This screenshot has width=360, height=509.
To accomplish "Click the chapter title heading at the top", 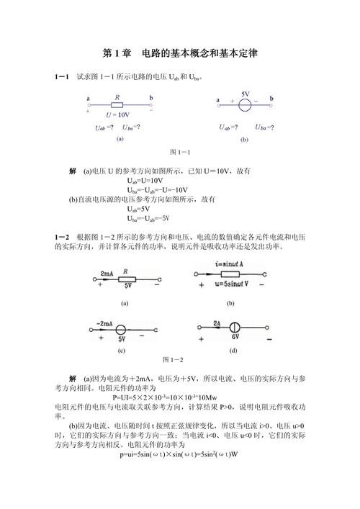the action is pos(180,53).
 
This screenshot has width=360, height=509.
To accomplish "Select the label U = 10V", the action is pos(117,114).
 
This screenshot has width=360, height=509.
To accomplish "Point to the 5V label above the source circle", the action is pos(246,94).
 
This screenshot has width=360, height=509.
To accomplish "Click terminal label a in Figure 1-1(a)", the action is pos(88,98).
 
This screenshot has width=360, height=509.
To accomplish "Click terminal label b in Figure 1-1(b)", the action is pos(271,98).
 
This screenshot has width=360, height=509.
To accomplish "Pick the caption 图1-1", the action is pos(180,153).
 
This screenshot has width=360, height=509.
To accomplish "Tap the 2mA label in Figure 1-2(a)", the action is pos(107,274).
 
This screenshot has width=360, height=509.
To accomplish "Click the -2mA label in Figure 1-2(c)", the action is pos(106,323).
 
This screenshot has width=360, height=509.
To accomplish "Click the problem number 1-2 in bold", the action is pos(62,237).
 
